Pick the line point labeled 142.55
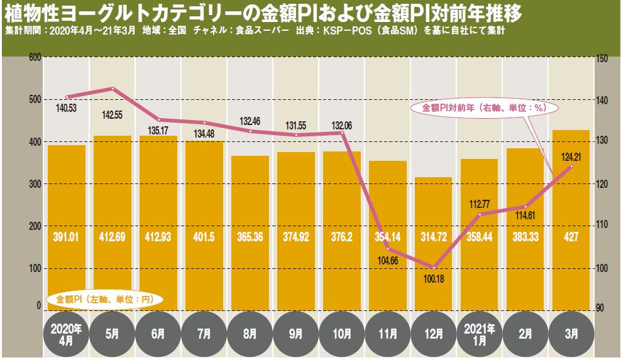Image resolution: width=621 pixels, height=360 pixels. point(113,89)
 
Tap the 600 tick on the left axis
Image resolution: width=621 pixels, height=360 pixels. point(35,58)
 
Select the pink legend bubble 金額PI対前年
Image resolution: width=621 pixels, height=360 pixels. point(482,108)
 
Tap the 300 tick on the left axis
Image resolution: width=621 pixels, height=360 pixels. point(35,184)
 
